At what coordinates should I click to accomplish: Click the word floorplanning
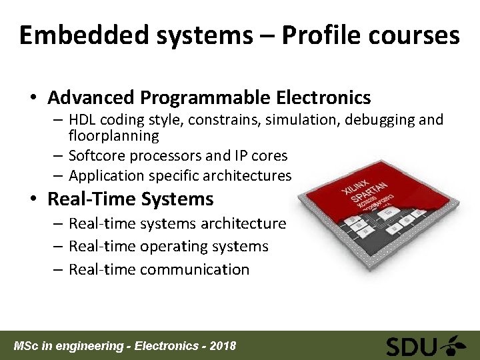[114, 136]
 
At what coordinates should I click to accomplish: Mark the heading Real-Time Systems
[131, 199]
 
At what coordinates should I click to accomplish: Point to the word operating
[171, 247]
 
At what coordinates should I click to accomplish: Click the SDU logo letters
[411, 347]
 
